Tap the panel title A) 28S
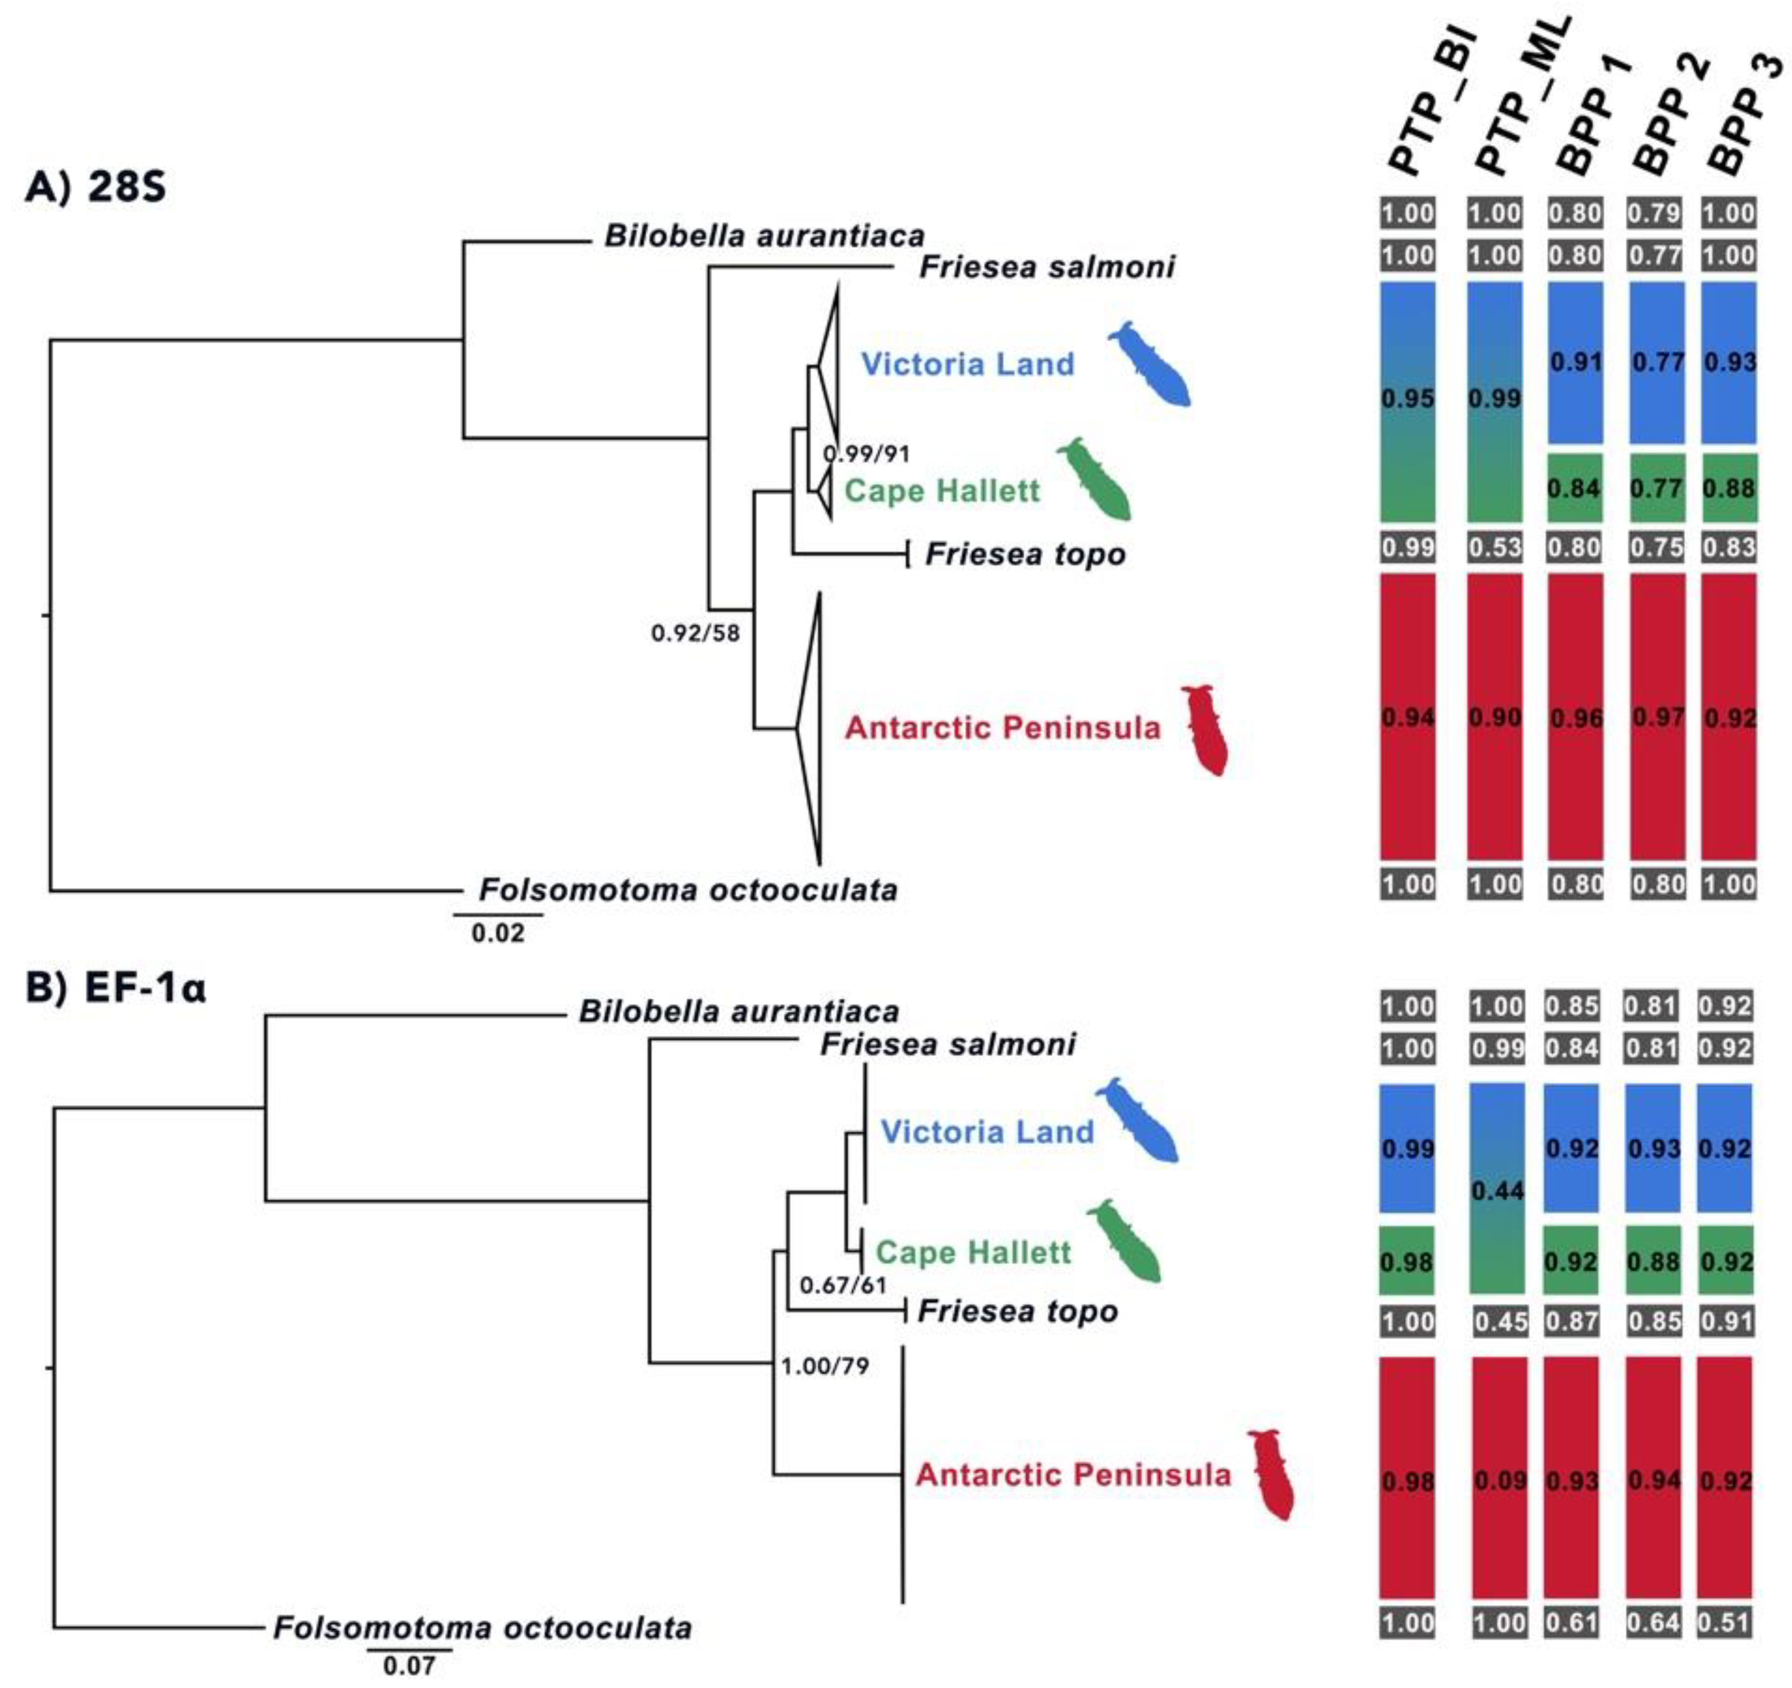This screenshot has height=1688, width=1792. click(x=95, y=189)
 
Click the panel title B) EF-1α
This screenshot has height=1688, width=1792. click(x=115, y=989)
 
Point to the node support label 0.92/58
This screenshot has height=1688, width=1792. click(x=695, y=634)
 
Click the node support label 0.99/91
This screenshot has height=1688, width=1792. click(x=866, y=453)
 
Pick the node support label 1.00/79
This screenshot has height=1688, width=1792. click(x=825, y=1366)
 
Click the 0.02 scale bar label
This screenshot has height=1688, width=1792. click(x=497, y=933)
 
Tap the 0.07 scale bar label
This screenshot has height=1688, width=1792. click(x=409, y=1666)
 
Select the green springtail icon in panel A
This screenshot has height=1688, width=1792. click(x=1095, y=479)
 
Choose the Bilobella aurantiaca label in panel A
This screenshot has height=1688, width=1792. click(x=764, y=236)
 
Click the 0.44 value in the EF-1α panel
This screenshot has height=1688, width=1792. click(x=1497, y=1191)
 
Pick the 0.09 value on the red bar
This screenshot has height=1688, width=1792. click(x=1499, y=1481)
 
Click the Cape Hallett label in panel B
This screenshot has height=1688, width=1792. click(x=973, y=1252)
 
